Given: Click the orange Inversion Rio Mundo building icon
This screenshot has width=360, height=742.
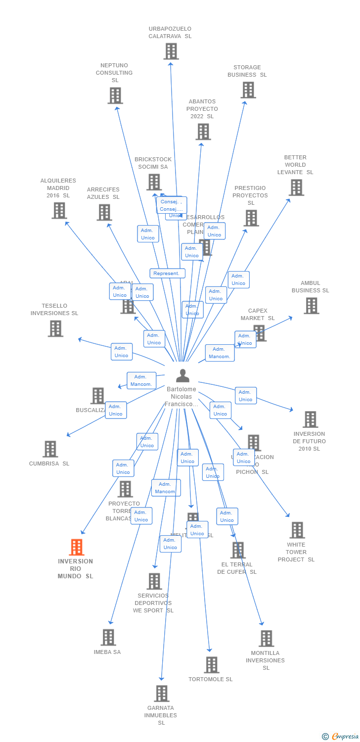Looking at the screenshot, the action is (76, 547).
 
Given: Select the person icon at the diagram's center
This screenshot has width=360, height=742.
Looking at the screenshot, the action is (182, 376).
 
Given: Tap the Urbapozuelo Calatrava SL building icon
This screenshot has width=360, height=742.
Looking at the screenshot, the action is (171, 51).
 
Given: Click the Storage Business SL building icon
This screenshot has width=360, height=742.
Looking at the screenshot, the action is (248, 90).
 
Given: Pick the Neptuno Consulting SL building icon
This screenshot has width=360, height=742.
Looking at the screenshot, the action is (115, 95).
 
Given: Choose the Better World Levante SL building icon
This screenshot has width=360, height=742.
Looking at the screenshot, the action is (296, 187).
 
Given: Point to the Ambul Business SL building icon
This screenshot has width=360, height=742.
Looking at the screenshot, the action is (311, 306).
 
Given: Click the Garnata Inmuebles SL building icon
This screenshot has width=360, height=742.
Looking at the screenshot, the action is (161, 694).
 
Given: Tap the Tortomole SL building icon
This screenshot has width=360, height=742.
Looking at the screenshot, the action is (211, 665).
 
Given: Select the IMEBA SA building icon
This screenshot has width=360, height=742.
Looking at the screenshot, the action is (108, 637).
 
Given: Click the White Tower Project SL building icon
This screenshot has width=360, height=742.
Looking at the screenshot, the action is (297, 530).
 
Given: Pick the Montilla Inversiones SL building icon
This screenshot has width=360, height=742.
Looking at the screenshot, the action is (266, 639).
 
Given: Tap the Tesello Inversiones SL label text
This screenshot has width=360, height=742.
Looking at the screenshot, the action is (54, 310).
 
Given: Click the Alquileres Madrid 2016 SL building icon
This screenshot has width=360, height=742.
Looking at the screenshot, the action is (59, 210).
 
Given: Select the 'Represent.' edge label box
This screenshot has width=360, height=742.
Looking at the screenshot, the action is (167, 274).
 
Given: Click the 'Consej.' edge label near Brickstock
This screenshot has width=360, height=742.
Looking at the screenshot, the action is (171, 202).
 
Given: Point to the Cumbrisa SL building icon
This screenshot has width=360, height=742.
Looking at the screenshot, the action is (50, 449).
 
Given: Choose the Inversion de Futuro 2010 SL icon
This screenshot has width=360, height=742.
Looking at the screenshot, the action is (310, 419).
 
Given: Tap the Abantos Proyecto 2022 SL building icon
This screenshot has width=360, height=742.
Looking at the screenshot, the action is (203, 132).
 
